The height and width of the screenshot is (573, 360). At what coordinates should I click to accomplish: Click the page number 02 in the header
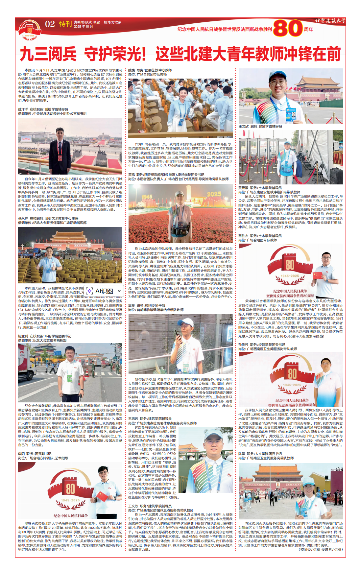[x=50, y=24]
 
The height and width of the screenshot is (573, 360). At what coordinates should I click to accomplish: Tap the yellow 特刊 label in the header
[x=65, y=24]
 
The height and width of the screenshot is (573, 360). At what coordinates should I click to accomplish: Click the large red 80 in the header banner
[x=288, y=29]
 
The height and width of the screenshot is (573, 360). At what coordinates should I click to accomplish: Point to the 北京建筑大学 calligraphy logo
[x=330, y=21]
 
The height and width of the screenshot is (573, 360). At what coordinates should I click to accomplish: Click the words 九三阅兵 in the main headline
[x=48, y=54]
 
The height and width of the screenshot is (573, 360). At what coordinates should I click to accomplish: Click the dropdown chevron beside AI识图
[x=119, y=291]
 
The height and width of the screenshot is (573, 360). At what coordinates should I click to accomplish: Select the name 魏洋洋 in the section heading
[x=23, y=109]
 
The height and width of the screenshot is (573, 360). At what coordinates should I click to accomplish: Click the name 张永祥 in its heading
[x=23, y=218]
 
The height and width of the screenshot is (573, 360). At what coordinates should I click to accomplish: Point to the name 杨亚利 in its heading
[x=23, y=336]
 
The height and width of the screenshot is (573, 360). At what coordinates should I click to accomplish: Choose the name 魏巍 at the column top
[x=132, y=70]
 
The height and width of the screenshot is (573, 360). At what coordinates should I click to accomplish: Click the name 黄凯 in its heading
[x=132, y=175]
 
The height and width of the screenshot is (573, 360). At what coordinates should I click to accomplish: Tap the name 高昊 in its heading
[x=132, y=306]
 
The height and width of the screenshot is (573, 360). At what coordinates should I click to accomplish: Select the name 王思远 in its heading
[x=133, y=419]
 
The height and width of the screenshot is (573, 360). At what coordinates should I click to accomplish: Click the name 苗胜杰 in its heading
[x=243, y=236]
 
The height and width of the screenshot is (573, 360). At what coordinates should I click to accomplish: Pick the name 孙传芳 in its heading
[x=243, y=345]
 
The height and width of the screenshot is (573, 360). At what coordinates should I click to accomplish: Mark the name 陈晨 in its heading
[x=242, y=454]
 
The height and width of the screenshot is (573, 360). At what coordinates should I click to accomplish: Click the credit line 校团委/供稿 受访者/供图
[x=321, y=549]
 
